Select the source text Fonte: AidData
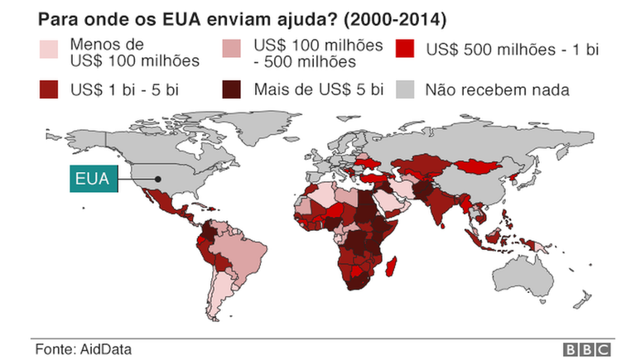pos(83,349)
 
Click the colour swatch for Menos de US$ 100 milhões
pos(51,50)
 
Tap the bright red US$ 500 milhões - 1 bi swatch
pos(407,50)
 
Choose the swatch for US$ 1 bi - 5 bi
pos(51,89)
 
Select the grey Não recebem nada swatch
pos(407,89)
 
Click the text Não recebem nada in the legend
pos(497,89)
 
